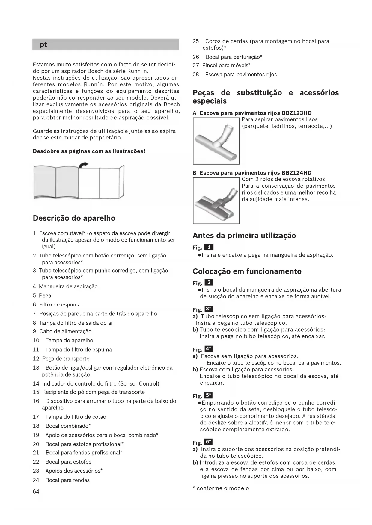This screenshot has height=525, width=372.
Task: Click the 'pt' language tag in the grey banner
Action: point(43,45)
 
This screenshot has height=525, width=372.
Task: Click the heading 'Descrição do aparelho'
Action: point(74,218)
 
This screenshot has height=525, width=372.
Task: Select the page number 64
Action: point(36,491)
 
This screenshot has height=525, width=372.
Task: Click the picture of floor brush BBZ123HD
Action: point(216,141)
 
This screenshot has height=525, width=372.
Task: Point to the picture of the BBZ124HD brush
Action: point(216,201)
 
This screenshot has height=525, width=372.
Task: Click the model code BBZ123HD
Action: point(296,113)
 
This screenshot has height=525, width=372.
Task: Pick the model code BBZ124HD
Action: point(296,173)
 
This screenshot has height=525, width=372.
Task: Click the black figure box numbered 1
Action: point(209,247)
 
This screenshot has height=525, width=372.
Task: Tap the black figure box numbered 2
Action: point(209,283)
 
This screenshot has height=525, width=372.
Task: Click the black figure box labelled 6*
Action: point(208,442)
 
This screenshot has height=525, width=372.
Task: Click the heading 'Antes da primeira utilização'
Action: point(244,236)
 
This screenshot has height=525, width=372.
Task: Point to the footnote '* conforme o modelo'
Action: point(221,488)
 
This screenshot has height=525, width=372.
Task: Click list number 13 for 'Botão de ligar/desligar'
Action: point(36,368)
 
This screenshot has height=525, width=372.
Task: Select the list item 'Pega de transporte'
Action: point(66,359)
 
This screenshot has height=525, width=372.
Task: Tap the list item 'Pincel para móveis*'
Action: point(226,65)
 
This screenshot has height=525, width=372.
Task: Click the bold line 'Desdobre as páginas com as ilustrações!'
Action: point(89,151)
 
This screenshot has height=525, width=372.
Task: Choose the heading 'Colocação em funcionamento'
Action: point(247,271)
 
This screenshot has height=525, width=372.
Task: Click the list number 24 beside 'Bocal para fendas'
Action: point(36,480)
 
